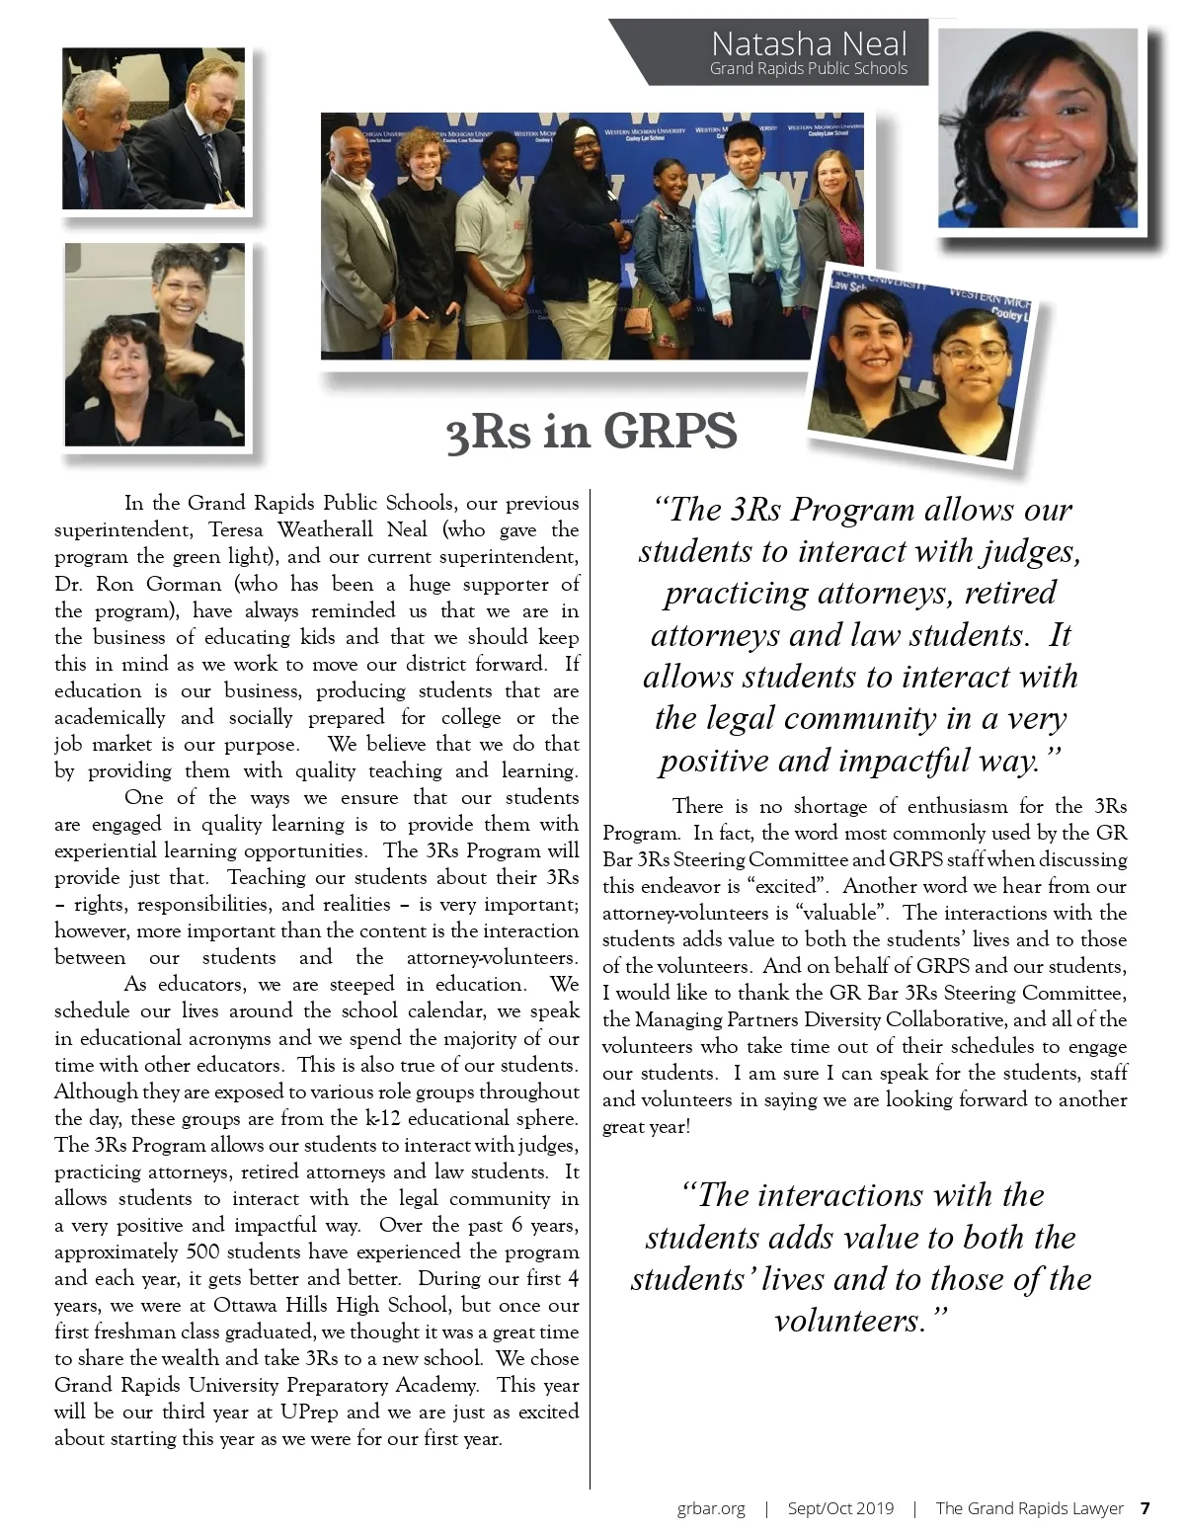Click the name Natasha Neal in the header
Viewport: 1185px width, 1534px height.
(808, 43)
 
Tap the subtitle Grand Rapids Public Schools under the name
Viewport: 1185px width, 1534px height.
(808, 68)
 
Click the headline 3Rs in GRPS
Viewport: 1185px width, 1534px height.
(592, 432)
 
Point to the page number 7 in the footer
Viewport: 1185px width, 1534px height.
(1145, 1508)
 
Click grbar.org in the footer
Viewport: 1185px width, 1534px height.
(711, 1508)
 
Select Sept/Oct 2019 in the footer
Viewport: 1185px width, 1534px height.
(840, 1508)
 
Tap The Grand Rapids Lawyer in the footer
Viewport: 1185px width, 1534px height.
(1029, 1508)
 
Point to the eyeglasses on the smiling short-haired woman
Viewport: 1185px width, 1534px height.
(184, 288)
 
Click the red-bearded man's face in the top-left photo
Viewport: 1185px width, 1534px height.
(214, 94)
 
